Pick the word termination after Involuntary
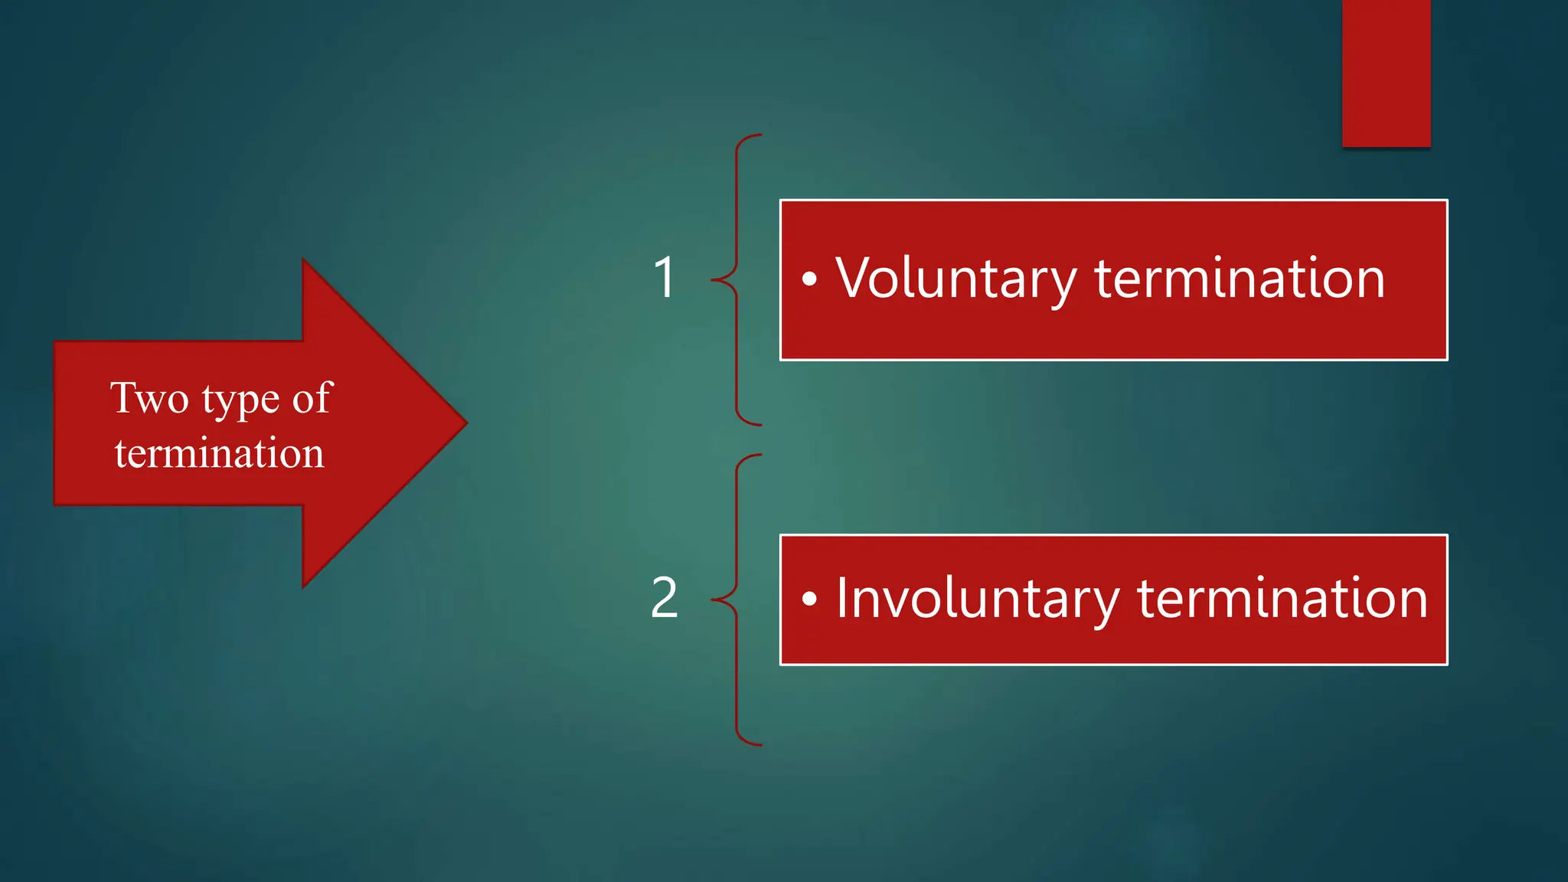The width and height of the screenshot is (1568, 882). tap(1282, 598)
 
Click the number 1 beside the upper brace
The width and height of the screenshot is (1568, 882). tap(665, 277)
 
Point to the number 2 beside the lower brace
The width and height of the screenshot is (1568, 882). tap(664, 598)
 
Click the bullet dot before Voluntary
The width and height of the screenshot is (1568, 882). tap(809, 279)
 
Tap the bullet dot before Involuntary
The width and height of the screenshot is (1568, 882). tap(809, 599)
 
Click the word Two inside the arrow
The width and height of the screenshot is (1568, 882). tap(149, 398)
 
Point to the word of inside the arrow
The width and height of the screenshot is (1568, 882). tap(312, 398)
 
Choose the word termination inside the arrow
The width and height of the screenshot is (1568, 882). tap(220, 453)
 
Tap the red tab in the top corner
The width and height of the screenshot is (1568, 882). tap(1386, 73)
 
